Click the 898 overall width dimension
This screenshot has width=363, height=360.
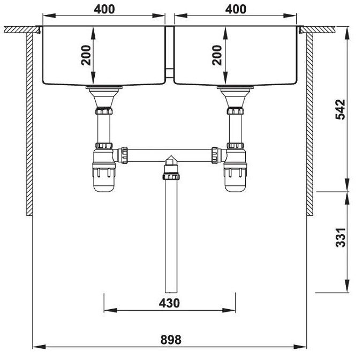coord(171,340)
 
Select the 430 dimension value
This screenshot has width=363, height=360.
coord(169,303)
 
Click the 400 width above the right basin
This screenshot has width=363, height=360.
coord(236,9)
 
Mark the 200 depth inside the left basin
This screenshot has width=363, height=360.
coord(86,54)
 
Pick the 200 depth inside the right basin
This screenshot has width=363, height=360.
coord(216,54)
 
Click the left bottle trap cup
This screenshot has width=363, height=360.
coord(104,179)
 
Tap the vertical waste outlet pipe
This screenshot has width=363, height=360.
coord(170,236)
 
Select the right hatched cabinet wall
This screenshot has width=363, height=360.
coord(309,123)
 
